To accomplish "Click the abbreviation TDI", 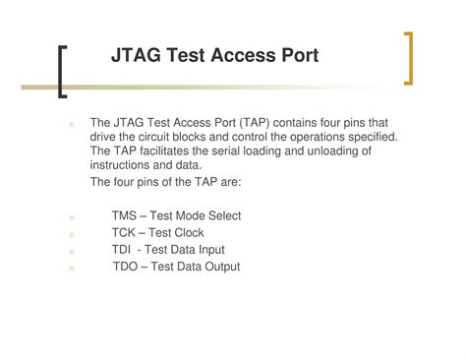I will coord(123,250).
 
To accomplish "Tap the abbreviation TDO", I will coord(126,267).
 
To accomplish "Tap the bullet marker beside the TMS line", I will coord(73,217).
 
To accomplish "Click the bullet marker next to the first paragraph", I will coord(73,124).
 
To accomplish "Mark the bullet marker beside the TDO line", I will coord(73,268).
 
